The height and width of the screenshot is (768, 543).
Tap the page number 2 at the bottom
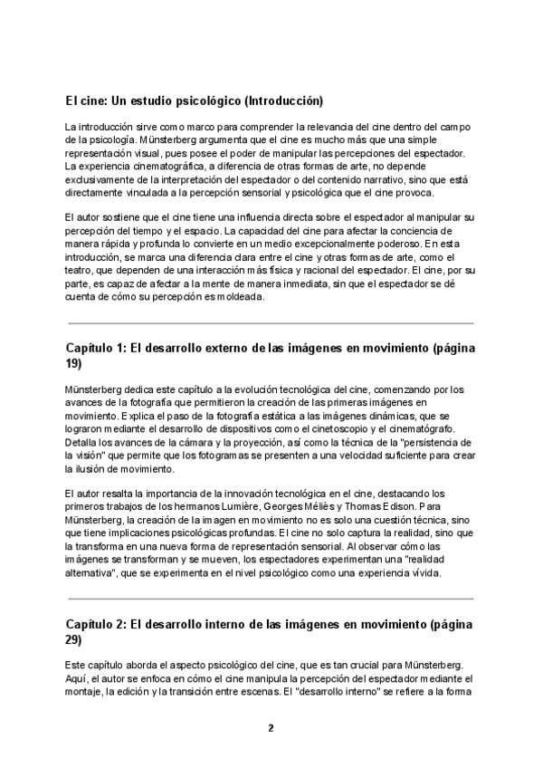(x=271, y=728)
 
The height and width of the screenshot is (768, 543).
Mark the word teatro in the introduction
(x=82, y=270)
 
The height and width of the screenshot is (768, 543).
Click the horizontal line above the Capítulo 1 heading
(x=271, y=323)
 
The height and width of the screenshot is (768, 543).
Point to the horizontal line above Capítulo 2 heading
(x=271, y=600)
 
